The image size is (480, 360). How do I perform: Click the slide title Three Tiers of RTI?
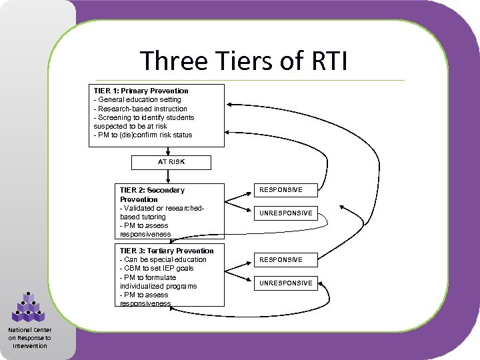click(243, 61)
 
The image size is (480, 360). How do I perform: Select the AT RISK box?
click(171, 162)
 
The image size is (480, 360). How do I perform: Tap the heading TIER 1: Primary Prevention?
click(141, 91)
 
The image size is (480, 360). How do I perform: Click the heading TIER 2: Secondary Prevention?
click(152, 195)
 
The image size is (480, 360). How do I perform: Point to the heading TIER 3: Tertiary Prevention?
click(167, 251)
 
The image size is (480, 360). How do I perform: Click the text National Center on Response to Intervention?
click(29, 337)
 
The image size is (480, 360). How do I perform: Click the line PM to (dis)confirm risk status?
click(143, 135)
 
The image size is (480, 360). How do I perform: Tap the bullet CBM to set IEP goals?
click(157, 268)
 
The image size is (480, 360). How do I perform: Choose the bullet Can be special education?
click(164, 259)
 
